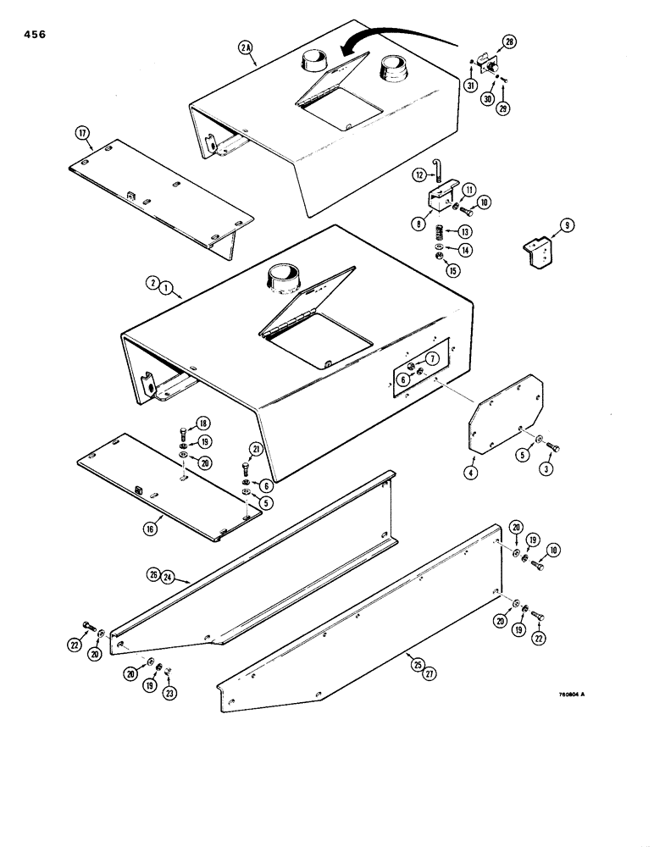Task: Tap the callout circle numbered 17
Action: click(82, 132)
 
